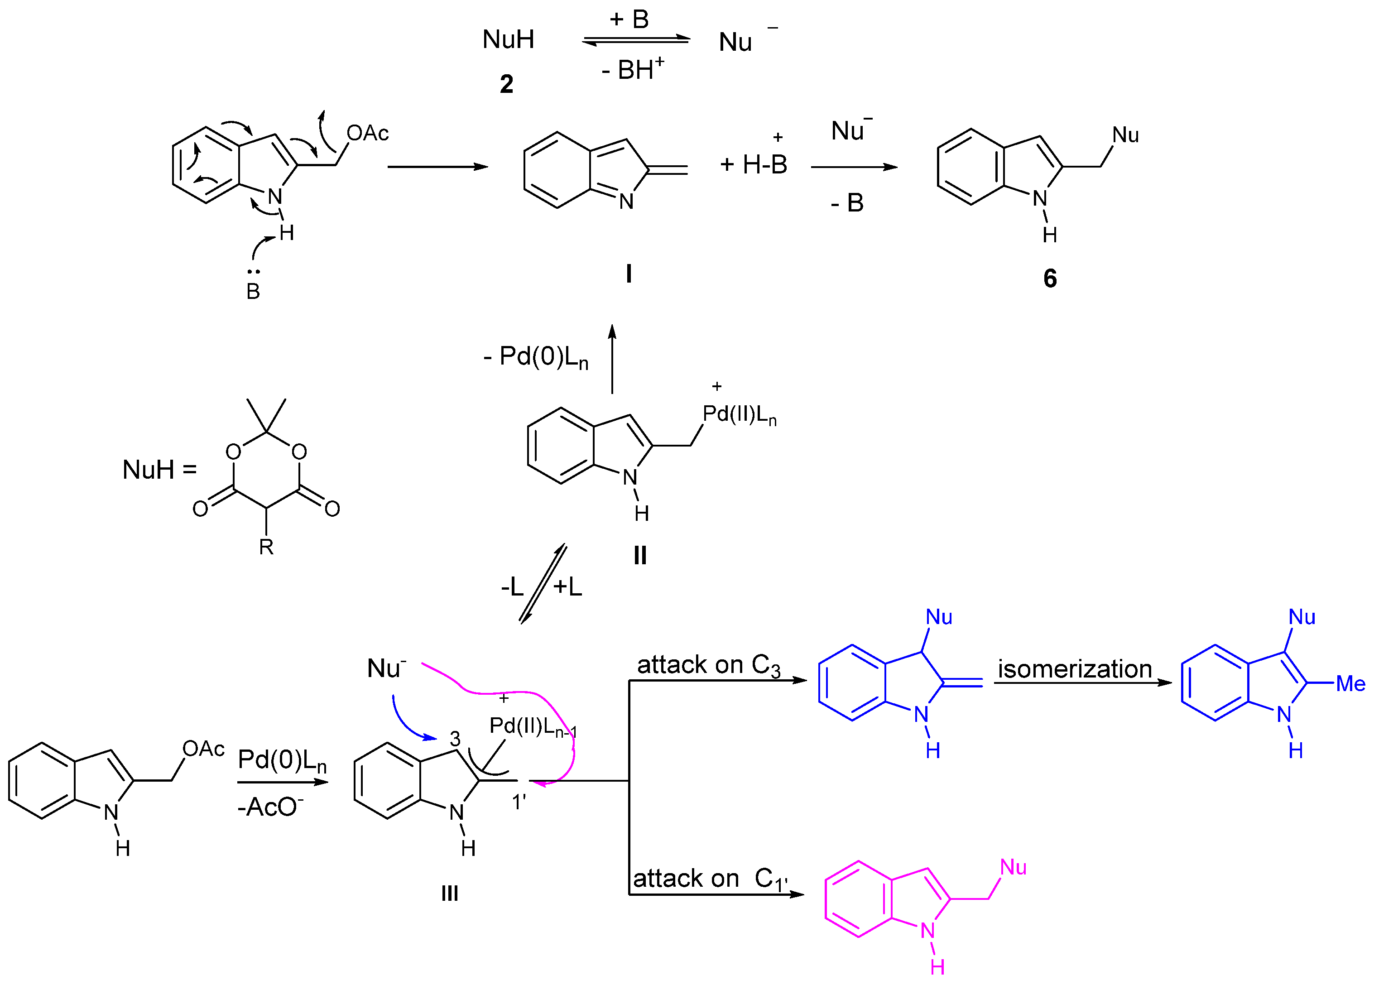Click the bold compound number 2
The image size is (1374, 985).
(x=506, y=84)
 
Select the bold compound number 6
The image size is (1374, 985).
(x=1050, y=278)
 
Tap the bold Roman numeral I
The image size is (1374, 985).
(x=629, y=274)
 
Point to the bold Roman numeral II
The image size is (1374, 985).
(x=640, y=555)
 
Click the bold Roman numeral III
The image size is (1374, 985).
(x=450, y=893)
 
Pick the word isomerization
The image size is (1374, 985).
(x=1075, y=669)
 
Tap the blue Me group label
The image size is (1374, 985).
(x=1350, y=684)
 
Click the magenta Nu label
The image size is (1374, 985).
(x=1013, y=867)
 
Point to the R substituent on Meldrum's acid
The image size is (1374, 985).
(x=266, y=547)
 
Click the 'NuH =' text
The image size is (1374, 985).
(x=159, y=470)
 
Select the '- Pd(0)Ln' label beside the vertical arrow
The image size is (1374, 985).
(x=536, y=357)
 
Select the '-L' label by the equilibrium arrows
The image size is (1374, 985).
(x=512, y=586)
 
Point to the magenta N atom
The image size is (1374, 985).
(x=927, y=931)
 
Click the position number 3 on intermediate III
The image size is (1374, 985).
(x=455, y=739)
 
